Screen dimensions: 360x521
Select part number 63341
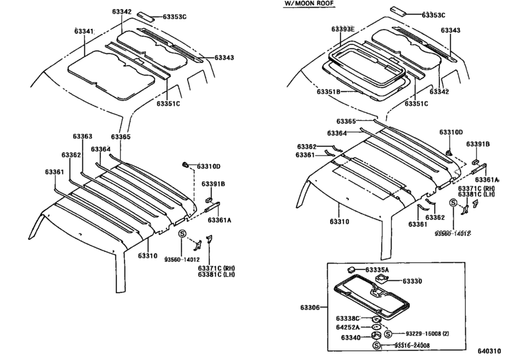pos(84,31)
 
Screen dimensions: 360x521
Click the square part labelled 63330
pos(381,278)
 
